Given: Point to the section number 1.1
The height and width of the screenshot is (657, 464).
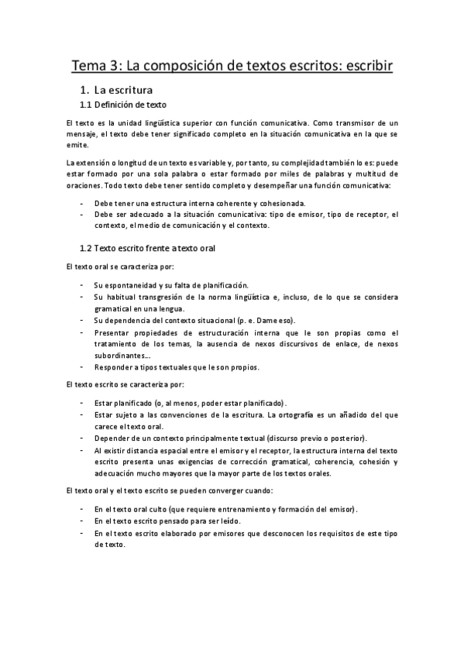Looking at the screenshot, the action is pyautogui.click(x=87, y=105).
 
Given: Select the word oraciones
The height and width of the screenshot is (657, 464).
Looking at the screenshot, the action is pyautogui.click(x=84, y=186).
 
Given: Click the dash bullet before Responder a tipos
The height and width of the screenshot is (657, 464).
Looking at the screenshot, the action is pyautogui.click(x=82, y=366).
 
